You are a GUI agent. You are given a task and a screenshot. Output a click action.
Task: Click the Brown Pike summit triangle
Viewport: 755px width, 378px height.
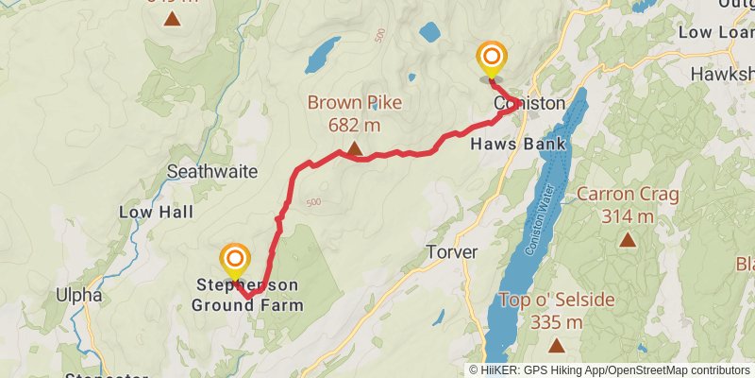click(x=354, y=147)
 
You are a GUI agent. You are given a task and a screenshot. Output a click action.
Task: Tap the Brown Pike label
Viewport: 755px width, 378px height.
click(x=354, y=104)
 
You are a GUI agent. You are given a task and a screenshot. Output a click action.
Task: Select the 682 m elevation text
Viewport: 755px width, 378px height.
click(x=354, y=125)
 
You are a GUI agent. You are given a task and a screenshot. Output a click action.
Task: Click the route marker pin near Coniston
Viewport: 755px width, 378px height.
click(x=491, y=60)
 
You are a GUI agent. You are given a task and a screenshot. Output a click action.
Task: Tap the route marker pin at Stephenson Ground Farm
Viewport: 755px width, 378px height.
click(x=234, y=260)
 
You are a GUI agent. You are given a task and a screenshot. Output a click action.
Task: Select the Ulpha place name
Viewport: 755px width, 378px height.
click(x=78, y=295)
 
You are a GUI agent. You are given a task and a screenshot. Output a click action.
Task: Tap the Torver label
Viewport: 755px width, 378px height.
click(x=452, y=253)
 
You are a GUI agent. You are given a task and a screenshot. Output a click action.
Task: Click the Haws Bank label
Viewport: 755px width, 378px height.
click(x=518, y=145)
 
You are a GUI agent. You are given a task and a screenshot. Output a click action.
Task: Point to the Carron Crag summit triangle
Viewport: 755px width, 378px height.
click(x=628, y=239)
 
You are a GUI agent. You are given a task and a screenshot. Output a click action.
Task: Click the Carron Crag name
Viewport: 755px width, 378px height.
click(x=628, y=196)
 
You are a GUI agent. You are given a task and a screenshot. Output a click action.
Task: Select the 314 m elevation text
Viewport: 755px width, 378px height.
click(x=628, y=216)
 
